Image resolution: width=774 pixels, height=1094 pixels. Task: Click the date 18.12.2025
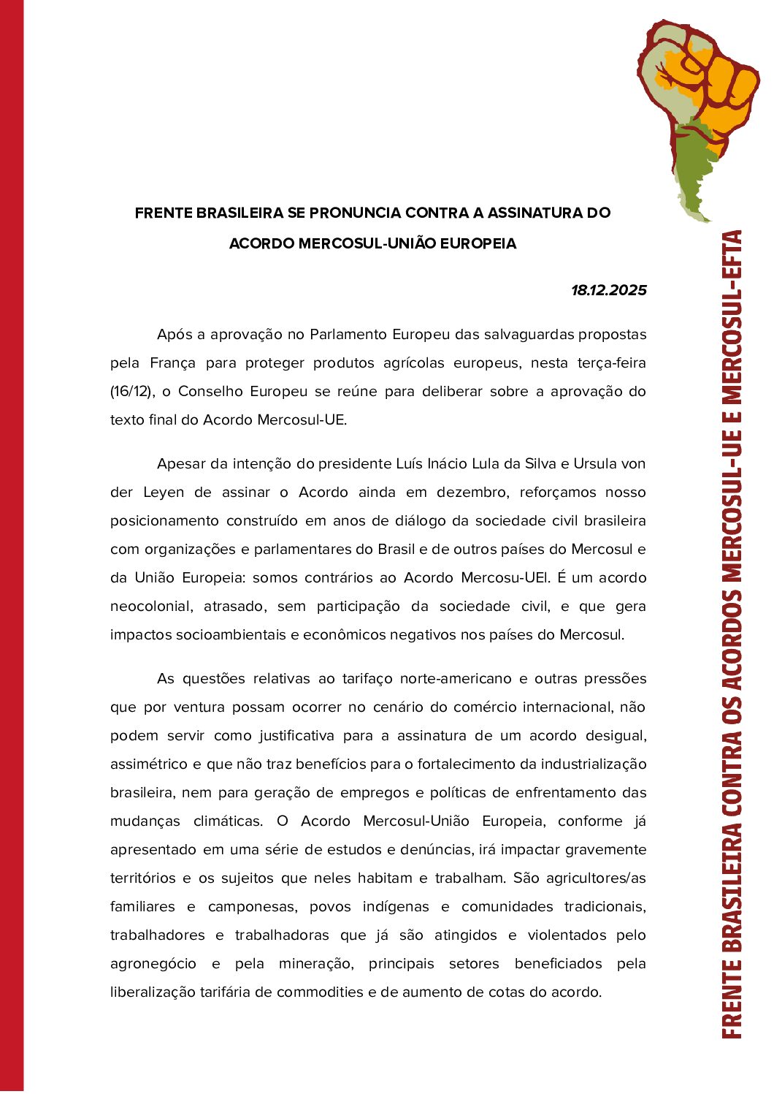click(608, 290)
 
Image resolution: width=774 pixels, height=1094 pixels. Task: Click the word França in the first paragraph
click(172, 363)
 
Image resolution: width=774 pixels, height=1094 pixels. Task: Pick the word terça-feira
click(612, 363)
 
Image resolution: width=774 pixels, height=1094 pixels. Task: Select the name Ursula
click(594, 464)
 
